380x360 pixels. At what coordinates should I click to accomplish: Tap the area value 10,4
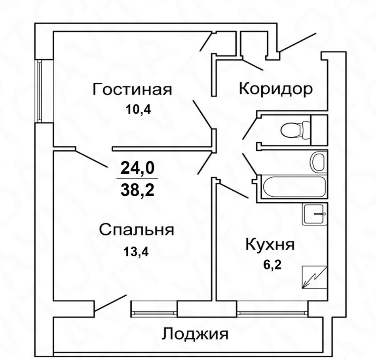point(138,110)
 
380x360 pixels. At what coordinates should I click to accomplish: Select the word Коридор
point(275,89)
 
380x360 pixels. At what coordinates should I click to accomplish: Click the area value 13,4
point(136,252)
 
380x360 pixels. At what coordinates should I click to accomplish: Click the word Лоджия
point(195,334)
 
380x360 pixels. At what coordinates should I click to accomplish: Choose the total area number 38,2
point(137,189)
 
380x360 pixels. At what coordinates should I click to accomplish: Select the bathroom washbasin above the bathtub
point(319,161)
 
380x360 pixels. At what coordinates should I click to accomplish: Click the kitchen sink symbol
point(315,214)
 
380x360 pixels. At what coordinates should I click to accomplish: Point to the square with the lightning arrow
point(315,278)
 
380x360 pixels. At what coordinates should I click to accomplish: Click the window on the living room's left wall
point(40,91)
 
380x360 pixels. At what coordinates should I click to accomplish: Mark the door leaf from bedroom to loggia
point(110,303)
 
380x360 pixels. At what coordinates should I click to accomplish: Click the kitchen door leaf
point(232,190)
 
